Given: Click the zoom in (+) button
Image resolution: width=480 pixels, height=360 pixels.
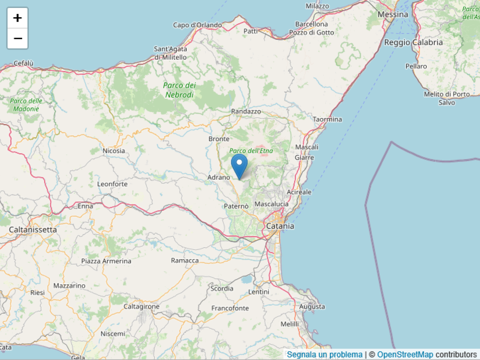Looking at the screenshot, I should (18, 18).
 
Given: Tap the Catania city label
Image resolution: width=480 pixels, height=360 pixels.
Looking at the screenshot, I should (280, 226).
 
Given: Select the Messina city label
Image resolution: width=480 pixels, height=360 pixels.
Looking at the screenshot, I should (393, 14).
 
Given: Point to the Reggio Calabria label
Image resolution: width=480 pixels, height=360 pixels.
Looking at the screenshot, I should (413, 42).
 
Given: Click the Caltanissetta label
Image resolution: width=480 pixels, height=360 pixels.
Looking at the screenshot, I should (33, 230).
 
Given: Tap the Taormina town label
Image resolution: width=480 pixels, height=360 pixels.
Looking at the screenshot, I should (327, 119).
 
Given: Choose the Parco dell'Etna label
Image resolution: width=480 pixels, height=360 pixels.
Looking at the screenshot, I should (251, 151).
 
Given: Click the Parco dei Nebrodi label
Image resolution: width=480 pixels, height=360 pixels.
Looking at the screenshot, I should (180, 90).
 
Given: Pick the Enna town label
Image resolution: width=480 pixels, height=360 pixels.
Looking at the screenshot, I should (85, 206).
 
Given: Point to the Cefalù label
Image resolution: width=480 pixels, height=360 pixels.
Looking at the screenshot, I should (24, 63).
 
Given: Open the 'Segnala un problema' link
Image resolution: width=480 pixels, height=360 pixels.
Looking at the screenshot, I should (324, 354).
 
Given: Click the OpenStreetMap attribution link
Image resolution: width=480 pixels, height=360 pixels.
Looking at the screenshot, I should (405, 354).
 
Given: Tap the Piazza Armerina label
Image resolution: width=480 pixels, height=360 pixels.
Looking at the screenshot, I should (106, 261).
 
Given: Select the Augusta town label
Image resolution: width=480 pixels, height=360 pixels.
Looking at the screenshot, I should (312, 306).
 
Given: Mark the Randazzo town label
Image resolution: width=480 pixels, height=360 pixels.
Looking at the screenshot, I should (246, 111).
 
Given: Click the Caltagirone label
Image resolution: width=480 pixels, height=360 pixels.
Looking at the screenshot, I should (141, 306).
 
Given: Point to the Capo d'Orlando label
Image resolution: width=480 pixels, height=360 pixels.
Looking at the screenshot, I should (197, 25).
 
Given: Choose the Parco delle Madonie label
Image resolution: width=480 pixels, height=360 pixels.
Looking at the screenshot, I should (26, 105).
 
